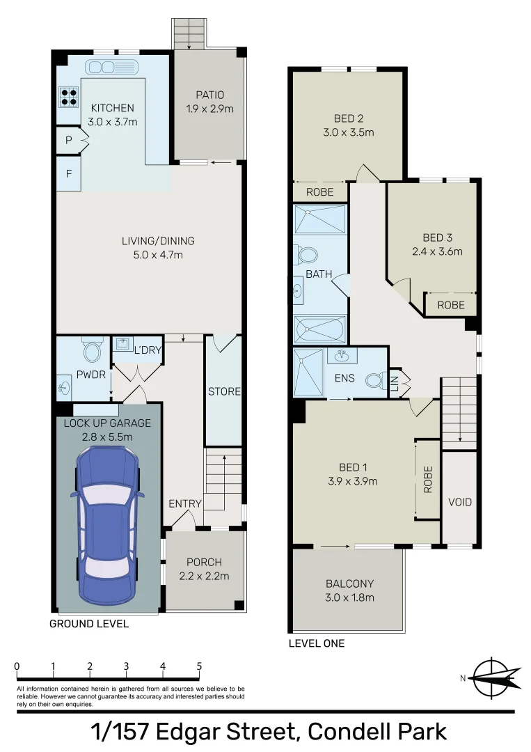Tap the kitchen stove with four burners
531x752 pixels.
tap(68, 96)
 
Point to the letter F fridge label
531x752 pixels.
tap(68, 173)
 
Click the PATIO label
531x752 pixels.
tap(209, 95)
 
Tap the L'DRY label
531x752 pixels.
tap(148, 350)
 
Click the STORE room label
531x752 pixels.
tap(223, 391)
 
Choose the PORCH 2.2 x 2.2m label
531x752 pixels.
tap(204, 569)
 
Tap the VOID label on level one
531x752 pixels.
tap(459, 502)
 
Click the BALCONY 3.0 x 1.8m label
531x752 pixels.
tap(349, 590)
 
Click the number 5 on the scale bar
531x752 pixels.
tap(199, 666)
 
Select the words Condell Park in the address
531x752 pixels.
tap(377, 732)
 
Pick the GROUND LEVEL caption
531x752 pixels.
tap(88, 624)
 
